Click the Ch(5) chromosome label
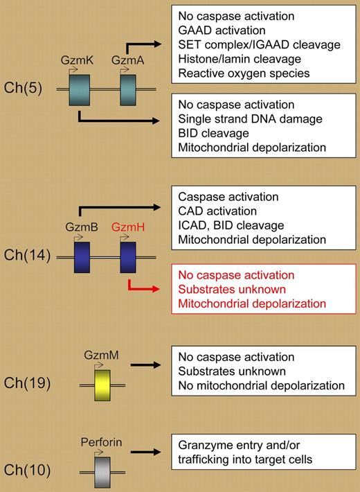coord(24,90)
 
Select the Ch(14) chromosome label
coord(27,256)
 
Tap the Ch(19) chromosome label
coord(27,381)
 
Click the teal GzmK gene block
coord(80,90)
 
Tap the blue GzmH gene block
coord(130,256)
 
